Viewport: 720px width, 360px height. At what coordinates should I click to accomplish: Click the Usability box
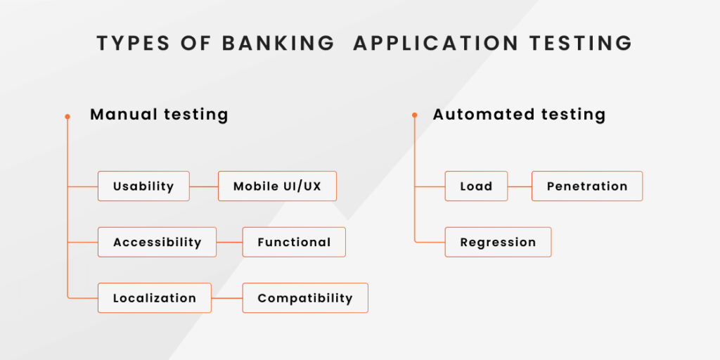tap(143, 186)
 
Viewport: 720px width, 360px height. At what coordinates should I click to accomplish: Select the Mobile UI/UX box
tap(277, 186)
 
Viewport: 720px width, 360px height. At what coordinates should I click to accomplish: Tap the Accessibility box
tap(157, 242)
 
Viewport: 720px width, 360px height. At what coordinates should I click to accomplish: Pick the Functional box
tap(294, 242)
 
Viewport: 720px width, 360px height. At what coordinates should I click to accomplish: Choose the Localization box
tap(155, 298)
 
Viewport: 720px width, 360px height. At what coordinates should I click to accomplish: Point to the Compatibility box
tap(305, 298)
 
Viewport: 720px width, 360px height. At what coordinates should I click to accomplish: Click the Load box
tap(476, 186)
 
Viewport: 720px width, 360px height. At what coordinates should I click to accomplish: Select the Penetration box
tap(587, 186)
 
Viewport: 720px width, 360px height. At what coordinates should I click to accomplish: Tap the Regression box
tap(499, 242)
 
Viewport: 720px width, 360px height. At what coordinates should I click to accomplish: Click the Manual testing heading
tap(159, 115)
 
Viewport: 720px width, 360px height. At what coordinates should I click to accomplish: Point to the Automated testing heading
tap(519, 115)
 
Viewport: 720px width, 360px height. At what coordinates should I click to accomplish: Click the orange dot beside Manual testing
tap(67, 117)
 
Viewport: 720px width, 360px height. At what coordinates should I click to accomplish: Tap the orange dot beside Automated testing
tap(415, 115)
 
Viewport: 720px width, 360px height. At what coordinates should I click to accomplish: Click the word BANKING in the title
tap(278, 43)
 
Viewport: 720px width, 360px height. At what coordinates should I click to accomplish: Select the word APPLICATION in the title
tap(436, 43)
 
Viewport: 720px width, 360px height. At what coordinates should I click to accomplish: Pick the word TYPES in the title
tap(133, 43)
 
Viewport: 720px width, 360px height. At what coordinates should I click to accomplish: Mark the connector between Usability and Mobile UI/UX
tap(204, 186)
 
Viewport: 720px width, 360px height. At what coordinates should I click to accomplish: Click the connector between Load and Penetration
tap(520, 186)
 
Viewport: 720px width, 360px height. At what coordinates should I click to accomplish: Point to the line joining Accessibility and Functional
tap(230, 243)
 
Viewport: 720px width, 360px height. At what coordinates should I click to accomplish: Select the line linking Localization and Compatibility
tap(227, 298)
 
